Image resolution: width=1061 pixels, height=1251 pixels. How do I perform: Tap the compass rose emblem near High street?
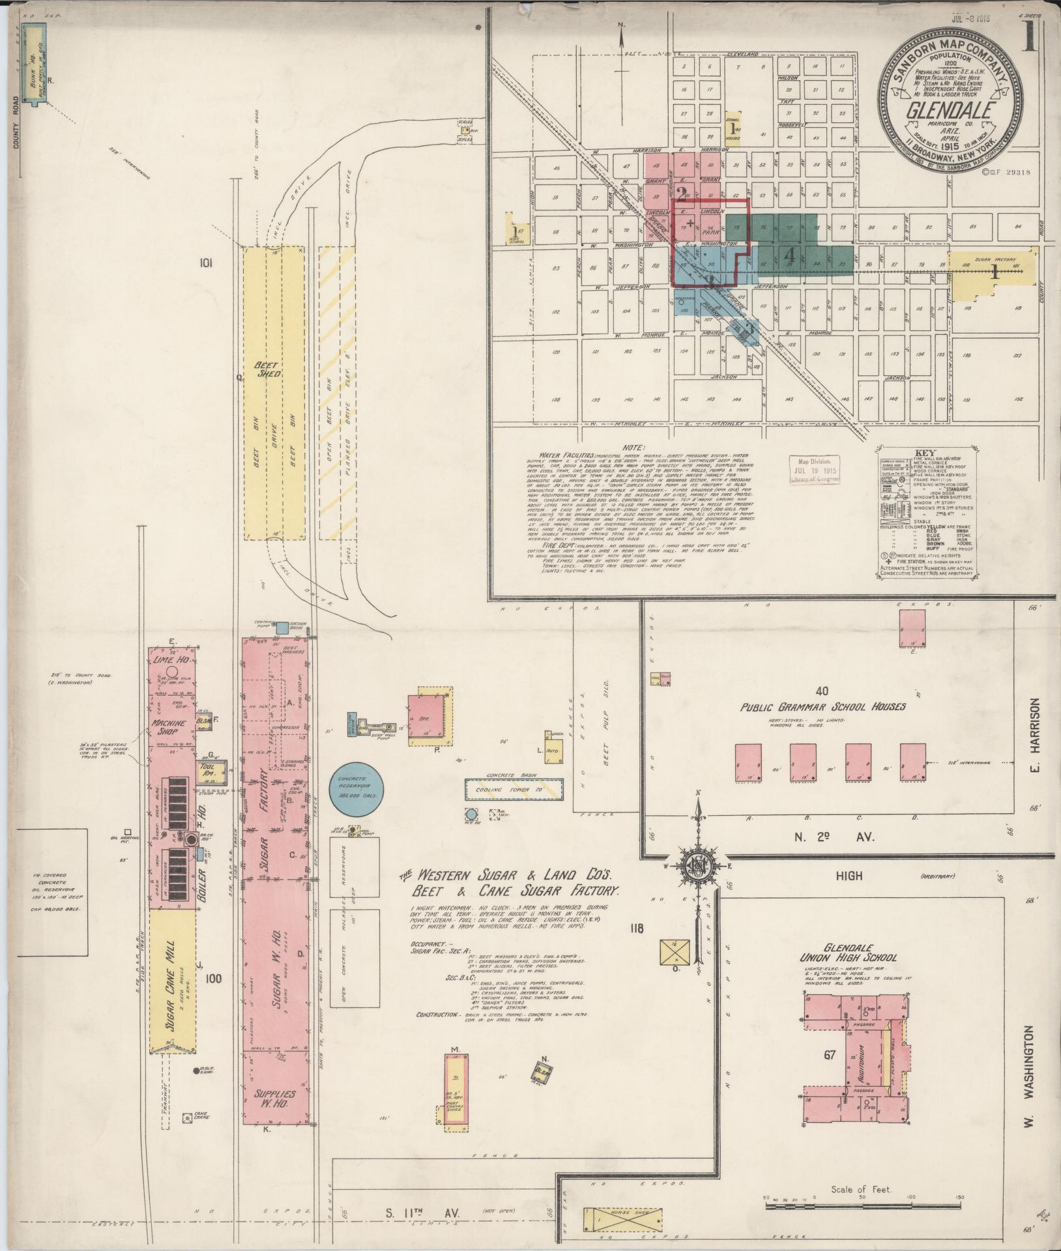pos(697,865)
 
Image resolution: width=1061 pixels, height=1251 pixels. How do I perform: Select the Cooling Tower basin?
pos(513,789)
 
